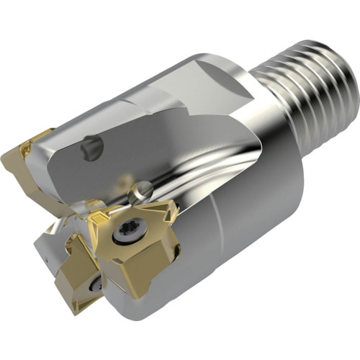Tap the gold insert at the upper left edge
[29, 162]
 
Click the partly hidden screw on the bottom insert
[96, 285]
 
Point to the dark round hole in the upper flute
[91, 148]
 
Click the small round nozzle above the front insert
[141, 192]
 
